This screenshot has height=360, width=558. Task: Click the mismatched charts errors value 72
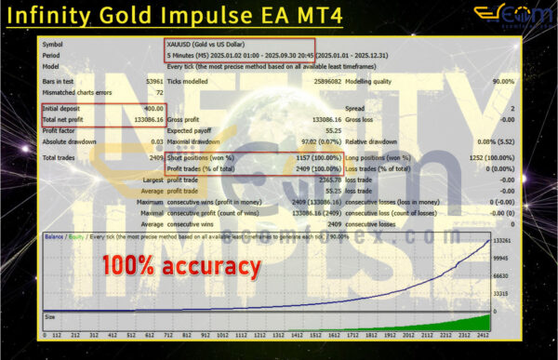click(x=158, y=93)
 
